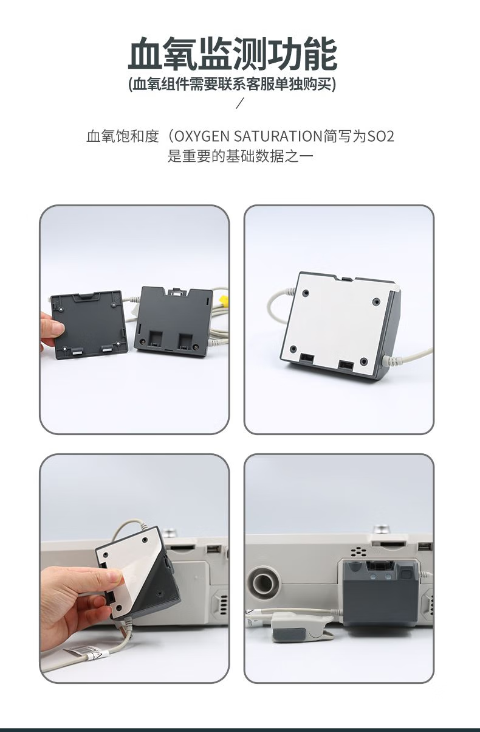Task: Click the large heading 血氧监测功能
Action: pyautogui.click(x=232, y=54)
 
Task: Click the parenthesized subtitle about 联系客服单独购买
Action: pyautogui.click(x=232, y=85)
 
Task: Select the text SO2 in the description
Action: pyautogui.click(x=381, y=136)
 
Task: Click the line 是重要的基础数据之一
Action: pyautogui.click(x=241, y=156)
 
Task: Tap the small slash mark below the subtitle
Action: pyautogui.click(x=240, y=103)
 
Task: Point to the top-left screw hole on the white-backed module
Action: pyautogui.click(x=306, y=293)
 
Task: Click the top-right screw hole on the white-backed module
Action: pyautogui.click(x=376, y=301)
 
